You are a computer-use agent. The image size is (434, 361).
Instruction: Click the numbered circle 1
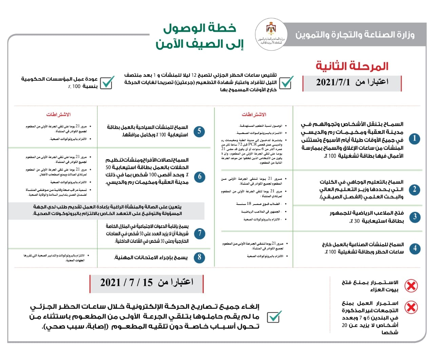coord(414,139)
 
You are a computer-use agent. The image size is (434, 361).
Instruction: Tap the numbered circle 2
coord(414,189)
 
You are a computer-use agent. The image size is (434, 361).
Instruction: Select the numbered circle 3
coord(414,217)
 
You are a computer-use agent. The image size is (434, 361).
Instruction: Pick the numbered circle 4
coord(414,248)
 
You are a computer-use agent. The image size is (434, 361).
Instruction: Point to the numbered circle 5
coord(199,131)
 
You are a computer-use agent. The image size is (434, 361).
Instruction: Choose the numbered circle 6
coord(199,176)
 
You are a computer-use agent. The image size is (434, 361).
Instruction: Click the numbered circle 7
coord(199,233)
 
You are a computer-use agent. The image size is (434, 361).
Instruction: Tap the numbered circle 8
coord(199,257)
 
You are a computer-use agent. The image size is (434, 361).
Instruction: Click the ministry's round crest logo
coord(271,35)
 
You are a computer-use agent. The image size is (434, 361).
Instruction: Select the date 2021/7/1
coord(333,82)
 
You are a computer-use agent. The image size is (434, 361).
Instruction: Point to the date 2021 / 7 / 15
coord(126,282)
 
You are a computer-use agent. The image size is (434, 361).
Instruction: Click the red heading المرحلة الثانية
coord(352,66)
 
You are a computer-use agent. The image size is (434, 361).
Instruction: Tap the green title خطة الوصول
coord(200,28)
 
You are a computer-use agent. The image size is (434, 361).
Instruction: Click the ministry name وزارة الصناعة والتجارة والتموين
coord(355,35)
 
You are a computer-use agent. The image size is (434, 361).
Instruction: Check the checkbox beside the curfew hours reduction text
coord(286,82)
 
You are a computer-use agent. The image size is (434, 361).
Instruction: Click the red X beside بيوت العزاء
coord(411,286)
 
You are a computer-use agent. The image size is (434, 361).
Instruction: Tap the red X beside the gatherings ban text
coord(411,307)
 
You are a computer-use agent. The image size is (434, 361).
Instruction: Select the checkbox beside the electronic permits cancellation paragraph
coord(274,317)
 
